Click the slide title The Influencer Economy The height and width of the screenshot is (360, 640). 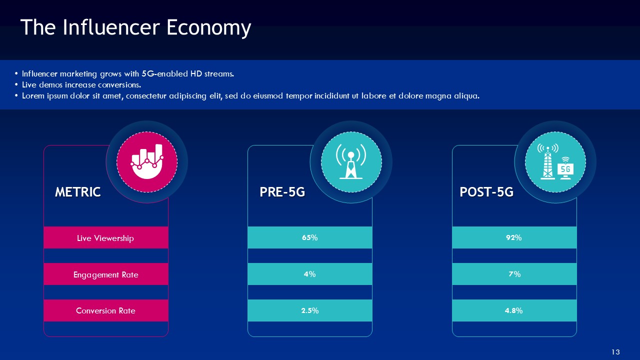[135, 28]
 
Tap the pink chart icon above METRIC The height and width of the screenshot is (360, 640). [146, 161]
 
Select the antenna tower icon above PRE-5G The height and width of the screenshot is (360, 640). [351, 161]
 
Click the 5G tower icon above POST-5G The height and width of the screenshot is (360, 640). [555, 161]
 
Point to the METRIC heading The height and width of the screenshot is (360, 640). [77, 192]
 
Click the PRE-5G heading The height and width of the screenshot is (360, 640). [282, 192]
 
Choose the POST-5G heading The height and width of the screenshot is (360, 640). [486, 192]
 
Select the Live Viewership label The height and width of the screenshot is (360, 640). [105, 238]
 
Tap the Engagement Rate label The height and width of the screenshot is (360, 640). [105, 274]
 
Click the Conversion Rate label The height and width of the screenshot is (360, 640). [105, 310]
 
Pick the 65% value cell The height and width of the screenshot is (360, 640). [310, 238]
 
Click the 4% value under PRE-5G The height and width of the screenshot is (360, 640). [309, 274]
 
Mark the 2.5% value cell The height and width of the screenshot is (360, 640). [310, 310]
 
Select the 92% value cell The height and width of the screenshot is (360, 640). [514, 238]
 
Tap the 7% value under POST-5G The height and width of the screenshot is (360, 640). [514, 274]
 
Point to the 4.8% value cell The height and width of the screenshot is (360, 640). [514, 310]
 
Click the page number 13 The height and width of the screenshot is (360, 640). [615, 351]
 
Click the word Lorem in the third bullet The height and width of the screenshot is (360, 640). [32, 96]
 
